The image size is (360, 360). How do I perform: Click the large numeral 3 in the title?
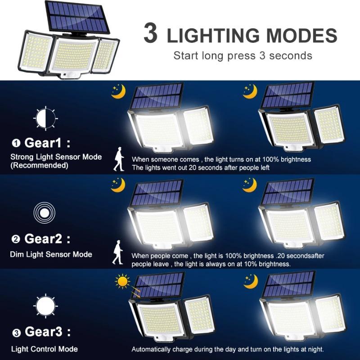click(x=152, y=35)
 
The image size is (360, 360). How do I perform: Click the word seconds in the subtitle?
click(x=293, y=56)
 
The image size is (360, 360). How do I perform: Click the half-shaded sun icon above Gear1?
click(x=45, y=118)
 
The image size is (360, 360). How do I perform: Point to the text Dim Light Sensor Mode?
click(x=51, y=254)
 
